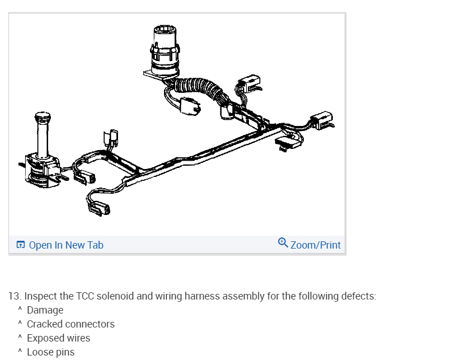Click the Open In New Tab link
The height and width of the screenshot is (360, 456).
click(65, 245)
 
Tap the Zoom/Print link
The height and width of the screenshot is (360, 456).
click(315, 245)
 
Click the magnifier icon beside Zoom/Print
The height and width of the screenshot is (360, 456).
click(283, 243)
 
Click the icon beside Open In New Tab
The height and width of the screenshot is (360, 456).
click(21, 245)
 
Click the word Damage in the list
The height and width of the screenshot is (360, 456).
click(45, 310)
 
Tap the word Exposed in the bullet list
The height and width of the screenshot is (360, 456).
click(45, 338)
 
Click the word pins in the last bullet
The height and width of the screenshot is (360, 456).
click(64, 352)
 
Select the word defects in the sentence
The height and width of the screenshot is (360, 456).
click(358, 296)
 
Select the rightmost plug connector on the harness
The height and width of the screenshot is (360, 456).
click(322, 119)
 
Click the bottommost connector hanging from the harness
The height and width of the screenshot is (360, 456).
click(100, 209)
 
